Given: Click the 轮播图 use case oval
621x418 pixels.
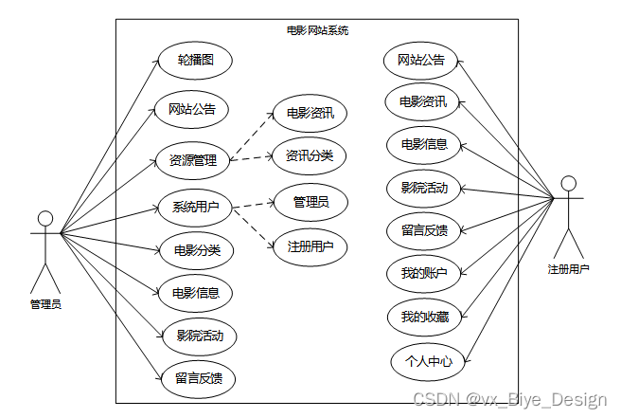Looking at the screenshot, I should (x=195, y=61).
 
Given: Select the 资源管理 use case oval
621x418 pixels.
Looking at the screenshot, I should (x=192, y=159).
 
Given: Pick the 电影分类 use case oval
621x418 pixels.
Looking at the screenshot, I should (x=197, y=250).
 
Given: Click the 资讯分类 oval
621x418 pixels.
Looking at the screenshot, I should (x=310, y=155).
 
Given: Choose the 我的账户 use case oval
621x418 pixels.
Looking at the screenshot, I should (x=424, y=273).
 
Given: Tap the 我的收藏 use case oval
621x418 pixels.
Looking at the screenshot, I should (x=424, y=316).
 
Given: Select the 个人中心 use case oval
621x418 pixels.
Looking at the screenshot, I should (x=428, y=361).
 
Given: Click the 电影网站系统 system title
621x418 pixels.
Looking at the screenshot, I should (x=317, y=30).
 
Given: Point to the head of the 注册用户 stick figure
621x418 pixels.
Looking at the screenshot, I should (x=568, y=182).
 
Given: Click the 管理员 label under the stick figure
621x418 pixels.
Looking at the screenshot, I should (x=45, y=304).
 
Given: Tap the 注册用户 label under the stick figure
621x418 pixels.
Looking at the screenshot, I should (x=568, y=269).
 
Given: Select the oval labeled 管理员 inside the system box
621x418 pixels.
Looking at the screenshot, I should (x=310, y=201).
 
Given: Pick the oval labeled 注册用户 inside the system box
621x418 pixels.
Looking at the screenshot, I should (x=310, y=247).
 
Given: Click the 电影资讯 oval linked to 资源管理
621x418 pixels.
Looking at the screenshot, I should (x=310, y=114).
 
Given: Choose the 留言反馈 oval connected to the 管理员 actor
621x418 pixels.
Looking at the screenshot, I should (x=199, y=378).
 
